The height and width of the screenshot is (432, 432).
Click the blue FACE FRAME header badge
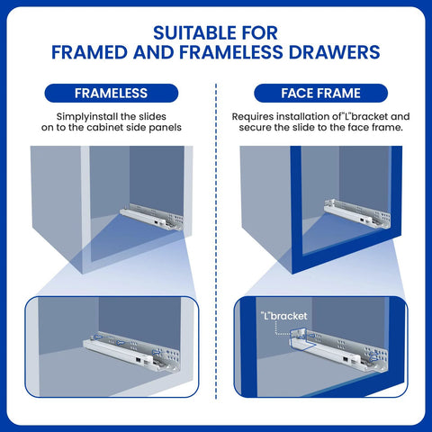click(x=321, y=93)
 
